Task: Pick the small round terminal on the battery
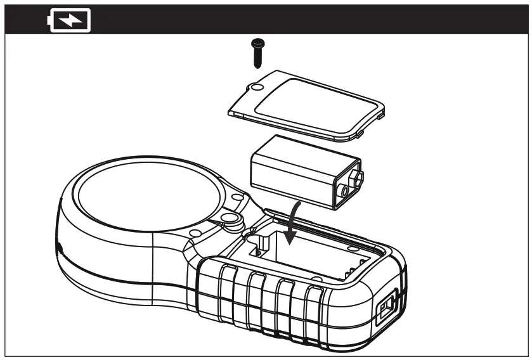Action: click(x=344, y=190)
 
